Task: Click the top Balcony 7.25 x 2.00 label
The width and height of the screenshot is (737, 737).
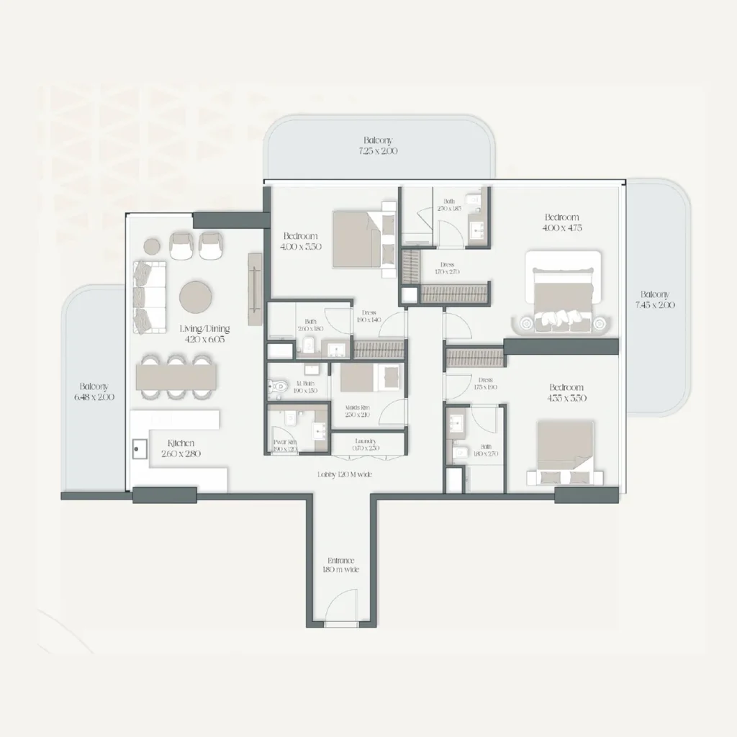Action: click(x=379, y=146)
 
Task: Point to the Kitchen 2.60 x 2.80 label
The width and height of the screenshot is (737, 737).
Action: click(x=181, y=448)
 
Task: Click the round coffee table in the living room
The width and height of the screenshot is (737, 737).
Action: click(x=195, y=294)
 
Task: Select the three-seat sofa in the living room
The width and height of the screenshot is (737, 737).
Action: click(x=150, y=296)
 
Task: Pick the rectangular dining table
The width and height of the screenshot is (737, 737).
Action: click(x=177, y=374)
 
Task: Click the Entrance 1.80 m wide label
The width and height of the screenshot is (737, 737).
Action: click(x=340, y=565)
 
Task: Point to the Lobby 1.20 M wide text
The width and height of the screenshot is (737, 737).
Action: click(x=345, y=475)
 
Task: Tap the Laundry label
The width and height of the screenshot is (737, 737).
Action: click(x=366, y=445)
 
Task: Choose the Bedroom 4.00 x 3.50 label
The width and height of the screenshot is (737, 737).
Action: click(x=302, y=241)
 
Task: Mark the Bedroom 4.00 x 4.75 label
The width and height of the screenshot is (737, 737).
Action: click(x=562, y=222)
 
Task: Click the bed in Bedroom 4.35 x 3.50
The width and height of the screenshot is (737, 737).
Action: click(x=566, y=453)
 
